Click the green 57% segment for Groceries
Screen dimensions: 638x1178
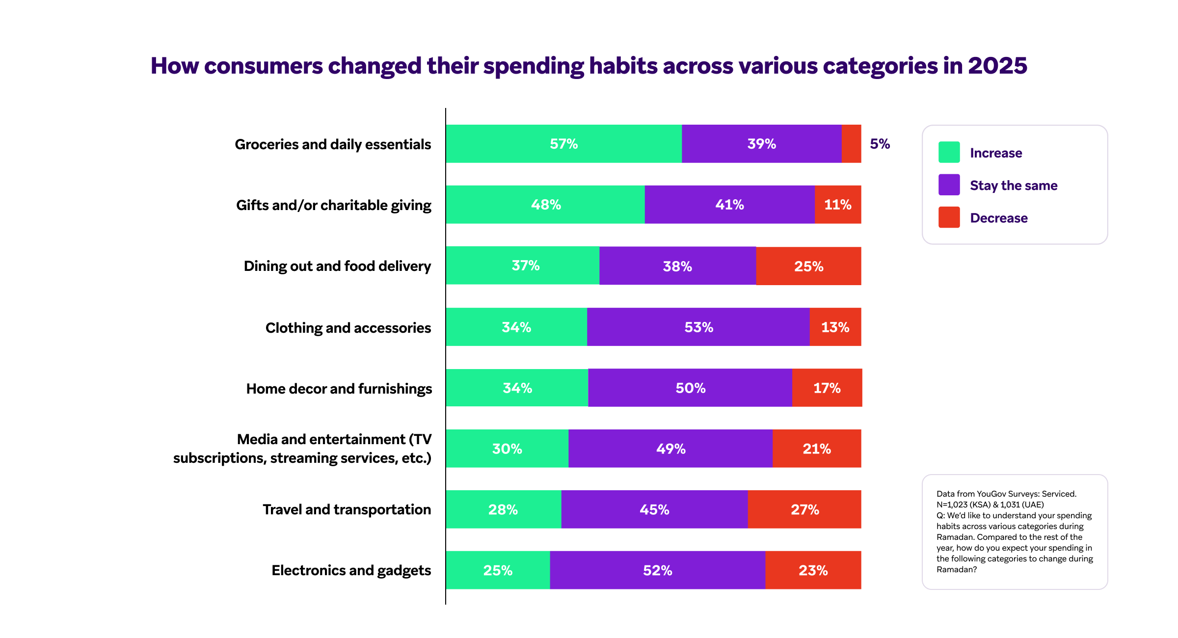pos(563,144)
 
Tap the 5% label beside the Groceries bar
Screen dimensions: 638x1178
pos(880,144)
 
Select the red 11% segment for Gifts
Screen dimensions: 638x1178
pos(838,205)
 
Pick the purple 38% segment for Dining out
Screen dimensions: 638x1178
pos(677,266)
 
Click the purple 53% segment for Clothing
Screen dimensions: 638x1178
pos(698,327)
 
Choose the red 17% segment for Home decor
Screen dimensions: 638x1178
pos(827,388)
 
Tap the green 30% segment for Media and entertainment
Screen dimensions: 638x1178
pos(507,449)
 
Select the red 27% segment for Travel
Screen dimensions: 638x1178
pos(804,509)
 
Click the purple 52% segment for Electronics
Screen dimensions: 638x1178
pos(657,570)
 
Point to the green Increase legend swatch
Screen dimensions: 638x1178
pos(949,152)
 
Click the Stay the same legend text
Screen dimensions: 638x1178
pos(1014,186)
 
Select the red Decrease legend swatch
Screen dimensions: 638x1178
pos(949,217)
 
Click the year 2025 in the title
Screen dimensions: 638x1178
pos(997,66)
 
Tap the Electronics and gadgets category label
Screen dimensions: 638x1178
pos(351,570)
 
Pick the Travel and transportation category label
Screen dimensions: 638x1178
pos(347,509)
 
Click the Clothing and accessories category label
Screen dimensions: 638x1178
pos(348,327)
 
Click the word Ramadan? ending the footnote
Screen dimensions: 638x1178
pos(956,569)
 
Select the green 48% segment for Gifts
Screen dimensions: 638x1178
pos(545,205)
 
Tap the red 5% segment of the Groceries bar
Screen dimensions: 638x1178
pos(851,144)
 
